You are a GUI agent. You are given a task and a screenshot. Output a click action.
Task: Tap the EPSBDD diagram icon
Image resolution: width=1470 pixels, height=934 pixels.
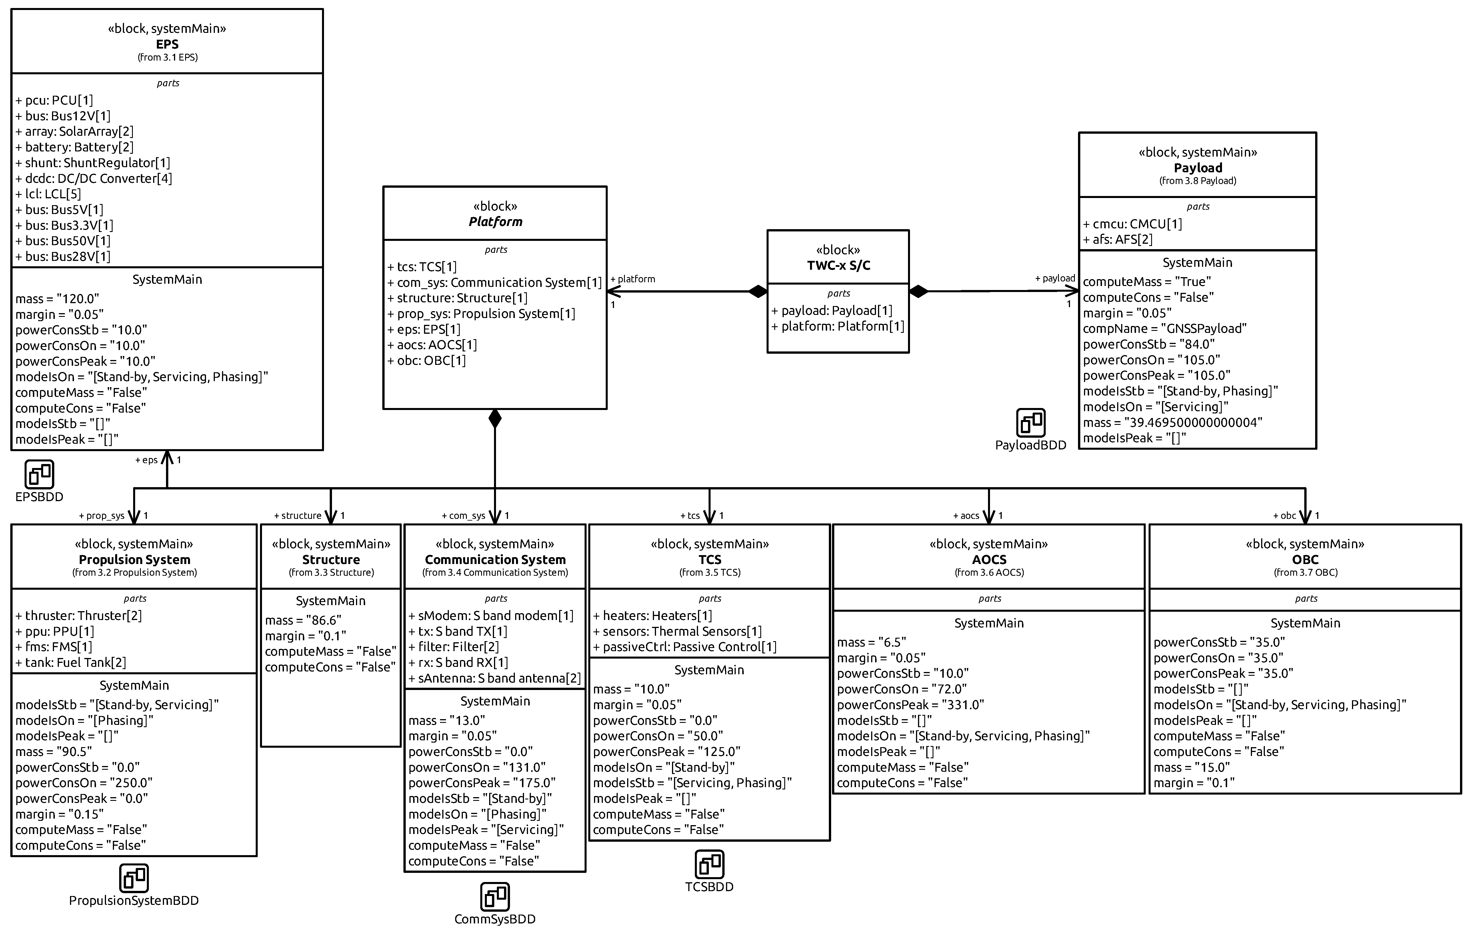tap(40, 474)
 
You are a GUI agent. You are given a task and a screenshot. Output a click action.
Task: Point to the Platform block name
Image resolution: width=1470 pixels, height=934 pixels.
tap(495, 222)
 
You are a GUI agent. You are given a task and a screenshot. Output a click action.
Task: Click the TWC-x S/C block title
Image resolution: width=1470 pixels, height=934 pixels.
tap(838, 265)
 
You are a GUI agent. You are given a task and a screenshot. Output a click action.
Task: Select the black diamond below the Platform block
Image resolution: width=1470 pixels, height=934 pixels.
tap(495, 419)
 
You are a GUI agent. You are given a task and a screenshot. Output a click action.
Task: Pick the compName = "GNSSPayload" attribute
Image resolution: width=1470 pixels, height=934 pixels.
tap(1164, 328)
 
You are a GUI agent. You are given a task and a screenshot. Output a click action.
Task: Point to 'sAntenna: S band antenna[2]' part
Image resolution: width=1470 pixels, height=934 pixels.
tap(495, 678)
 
